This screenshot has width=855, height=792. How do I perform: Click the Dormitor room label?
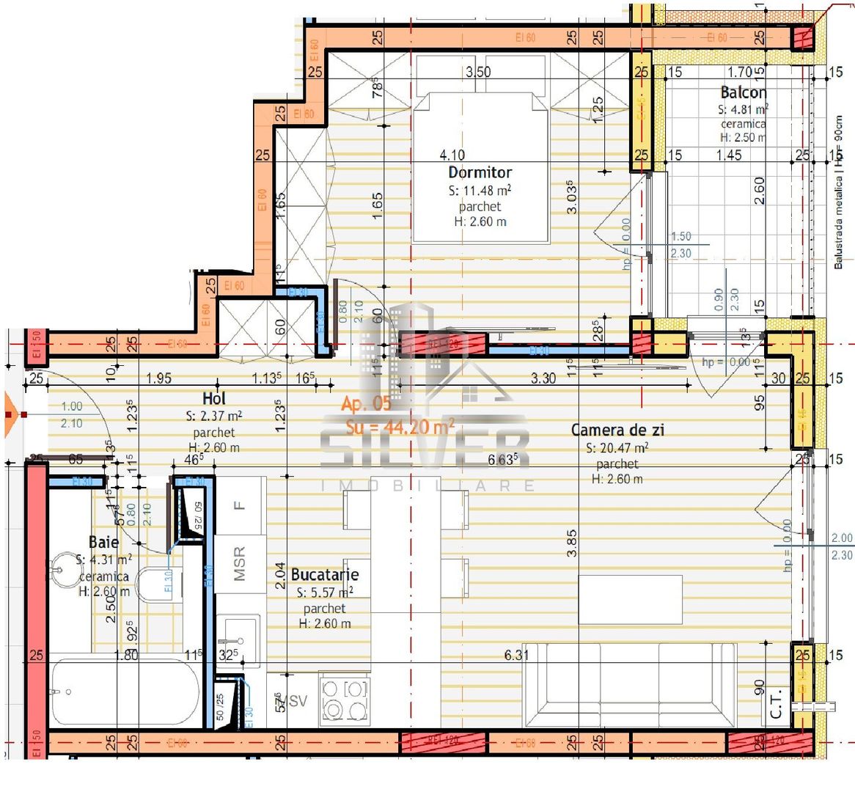tap(480, 172)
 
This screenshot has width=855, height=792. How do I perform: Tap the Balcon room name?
tap(743, 92)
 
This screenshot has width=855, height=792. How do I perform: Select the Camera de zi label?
tap(617, 430)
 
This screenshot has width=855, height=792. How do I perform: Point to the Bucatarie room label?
tap(324, 575)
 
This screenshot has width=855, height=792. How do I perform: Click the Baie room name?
tap(103, 542)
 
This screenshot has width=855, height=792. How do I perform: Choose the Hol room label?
tap(213, 399)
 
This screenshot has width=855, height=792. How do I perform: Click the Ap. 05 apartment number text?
tap(366, 403)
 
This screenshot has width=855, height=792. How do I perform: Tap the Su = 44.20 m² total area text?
tap(400, 427)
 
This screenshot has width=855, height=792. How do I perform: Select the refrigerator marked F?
tap(240, 505)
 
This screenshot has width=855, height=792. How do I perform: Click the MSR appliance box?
tap(240, 564)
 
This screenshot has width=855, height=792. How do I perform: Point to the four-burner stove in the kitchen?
tap(345, 700)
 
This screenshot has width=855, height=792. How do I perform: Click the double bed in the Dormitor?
tap(480, 167)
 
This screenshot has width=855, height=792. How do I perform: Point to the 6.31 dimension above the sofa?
tap(516, 655)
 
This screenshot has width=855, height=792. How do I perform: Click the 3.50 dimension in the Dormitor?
tap(478, 72)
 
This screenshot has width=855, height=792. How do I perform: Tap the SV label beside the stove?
tap(298, 702)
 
